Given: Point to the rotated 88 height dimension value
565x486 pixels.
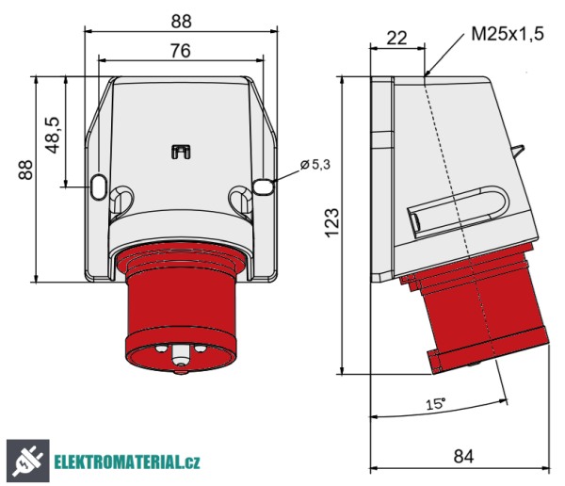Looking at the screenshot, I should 25,170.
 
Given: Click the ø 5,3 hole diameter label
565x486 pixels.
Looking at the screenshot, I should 315,165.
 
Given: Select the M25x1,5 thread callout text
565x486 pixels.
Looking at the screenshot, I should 508,35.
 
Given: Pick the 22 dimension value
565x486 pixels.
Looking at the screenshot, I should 397,38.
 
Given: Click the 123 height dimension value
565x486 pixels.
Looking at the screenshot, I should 331,224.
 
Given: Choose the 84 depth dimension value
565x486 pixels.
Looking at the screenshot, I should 462,456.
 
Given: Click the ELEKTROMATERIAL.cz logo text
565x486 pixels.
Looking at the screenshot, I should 126,462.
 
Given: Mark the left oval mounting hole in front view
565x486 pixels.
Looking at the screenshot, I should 99,187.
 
